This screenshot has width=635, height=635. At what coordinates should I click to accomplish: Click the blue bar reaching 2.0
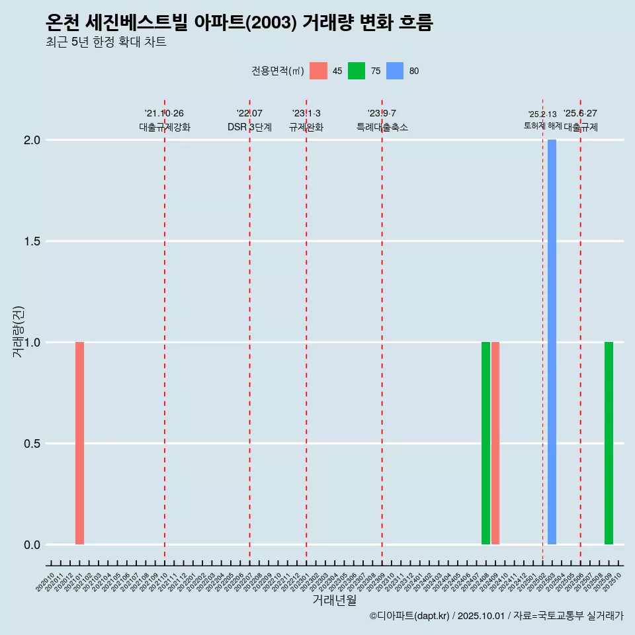[552, 342]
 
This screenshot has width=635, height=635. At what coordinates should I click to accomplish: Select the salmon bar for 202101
[79, 443]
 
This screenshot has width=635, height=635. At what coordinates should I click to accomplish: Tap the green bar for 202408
[486, 443]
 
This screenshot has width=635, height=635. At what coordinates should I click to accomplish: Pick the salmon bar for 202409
[495, 443]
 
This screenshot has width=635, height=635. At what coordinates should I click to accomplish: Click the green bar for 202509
[609, 443]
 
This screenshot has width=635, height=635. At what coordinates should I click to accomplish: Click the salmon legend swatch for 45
[318, 71]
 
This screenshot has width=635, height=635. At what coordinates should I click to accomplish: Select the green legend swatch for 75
[357, 71]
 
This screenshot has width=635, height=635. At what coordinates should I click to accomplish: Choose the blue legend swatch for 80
[395, 71]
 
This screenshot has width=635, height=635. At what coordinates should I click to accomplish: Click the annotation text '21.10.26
[164, 113]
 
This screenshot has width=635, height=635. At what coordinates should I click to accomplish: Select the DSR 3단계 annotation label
[249, 127]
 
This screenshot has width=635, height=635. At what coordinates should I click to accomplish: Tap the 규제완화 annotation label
[306, 127]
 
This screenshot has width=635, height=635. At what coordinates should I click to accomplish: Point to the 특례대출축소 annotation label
[382, 127]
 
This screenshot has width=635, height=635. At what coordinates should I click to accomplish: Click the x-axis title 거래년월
[334, 601]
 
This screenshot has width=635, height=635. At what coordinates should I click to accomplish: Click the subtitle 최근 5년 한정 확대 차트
[106, 42]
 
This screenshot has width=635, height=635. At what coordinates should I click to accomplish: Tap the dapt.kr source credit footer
[496, 616]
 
